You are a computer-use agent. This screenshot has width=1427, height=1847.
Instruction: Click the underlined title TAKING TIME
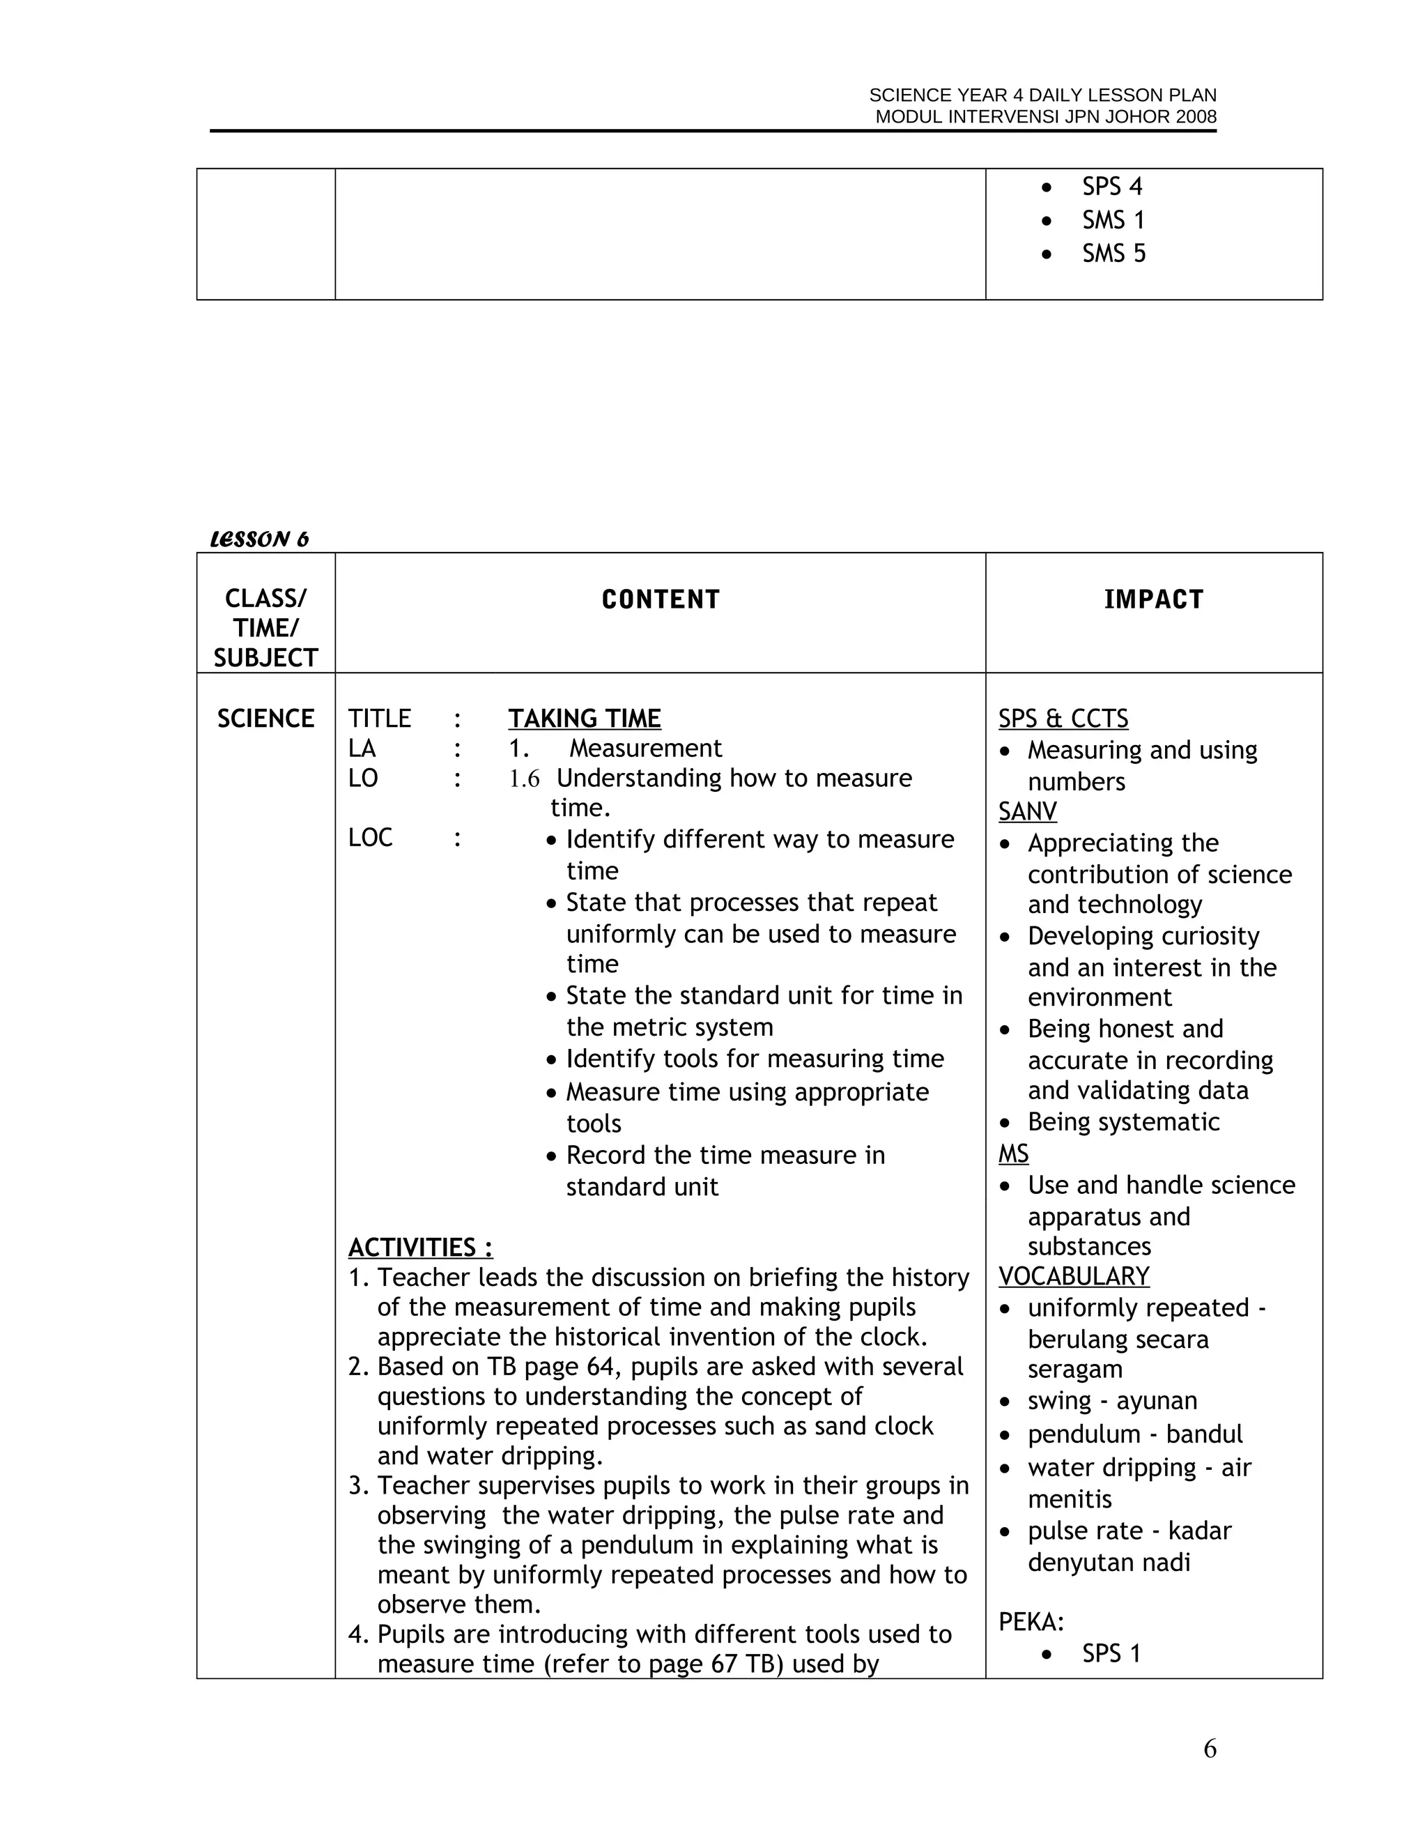(x=584, y=719)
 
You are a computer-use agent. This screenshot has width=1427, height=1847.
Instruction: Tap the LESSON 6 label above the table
(x=259, y=539)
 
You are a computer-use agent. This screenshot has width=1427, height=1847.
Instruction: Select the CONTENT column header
(x=661, y=599)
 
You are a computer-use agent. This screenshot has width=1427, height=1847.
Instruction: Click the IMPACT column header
(x=1153, y=599)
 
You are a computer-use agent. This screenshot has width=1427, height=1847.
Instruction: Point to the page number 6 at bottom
(x=1210, y=1748)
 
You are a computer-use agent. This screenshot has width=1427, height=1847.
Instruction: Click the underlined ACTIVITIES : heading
(x=420, y=1248)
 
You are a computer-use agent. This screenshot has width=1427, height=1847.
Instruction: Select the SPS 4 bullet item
(x=1111, y=187)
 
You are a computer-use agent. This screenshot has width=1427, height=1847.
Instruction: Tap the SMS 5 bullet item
(x=1113, y=254)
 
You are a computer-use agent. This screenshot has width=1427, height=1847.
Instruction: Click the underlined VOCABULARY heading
(x=1074, y=1276)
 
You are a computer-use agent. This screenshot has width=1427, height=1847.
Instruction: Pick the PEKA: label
(x=1031, y=1622)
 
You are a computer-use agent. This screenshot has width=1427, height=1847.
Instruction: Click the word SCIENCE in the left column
(x=265, y=719)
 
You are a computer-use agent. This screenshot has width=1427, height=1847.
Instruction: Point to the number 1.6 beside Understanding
(x=524, y=779)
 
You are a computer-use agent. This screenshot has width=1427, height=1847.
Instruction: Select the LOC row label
(x=370, y=838)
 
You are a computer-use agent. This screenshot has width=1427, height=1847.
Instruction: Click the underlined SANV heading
(x=1027, y=812)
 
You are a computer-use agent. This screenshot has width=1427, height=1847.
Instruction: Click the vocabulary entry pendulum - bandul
(x=1134, y=1434)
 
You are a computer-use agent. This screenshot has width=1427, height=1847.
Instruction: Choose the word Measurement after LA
(x=645, y=749)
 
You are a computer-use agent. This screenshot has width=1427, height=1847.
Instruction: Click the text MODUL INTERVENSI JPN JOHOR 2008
(x=1046, y=118)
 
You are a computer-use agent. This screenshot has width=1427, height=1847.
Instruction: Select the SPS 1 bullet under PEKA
(x=1111, y=1653)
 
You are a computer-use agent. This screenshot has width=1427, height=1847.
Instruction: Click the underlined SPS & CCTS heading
(x=1063, y=719)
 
